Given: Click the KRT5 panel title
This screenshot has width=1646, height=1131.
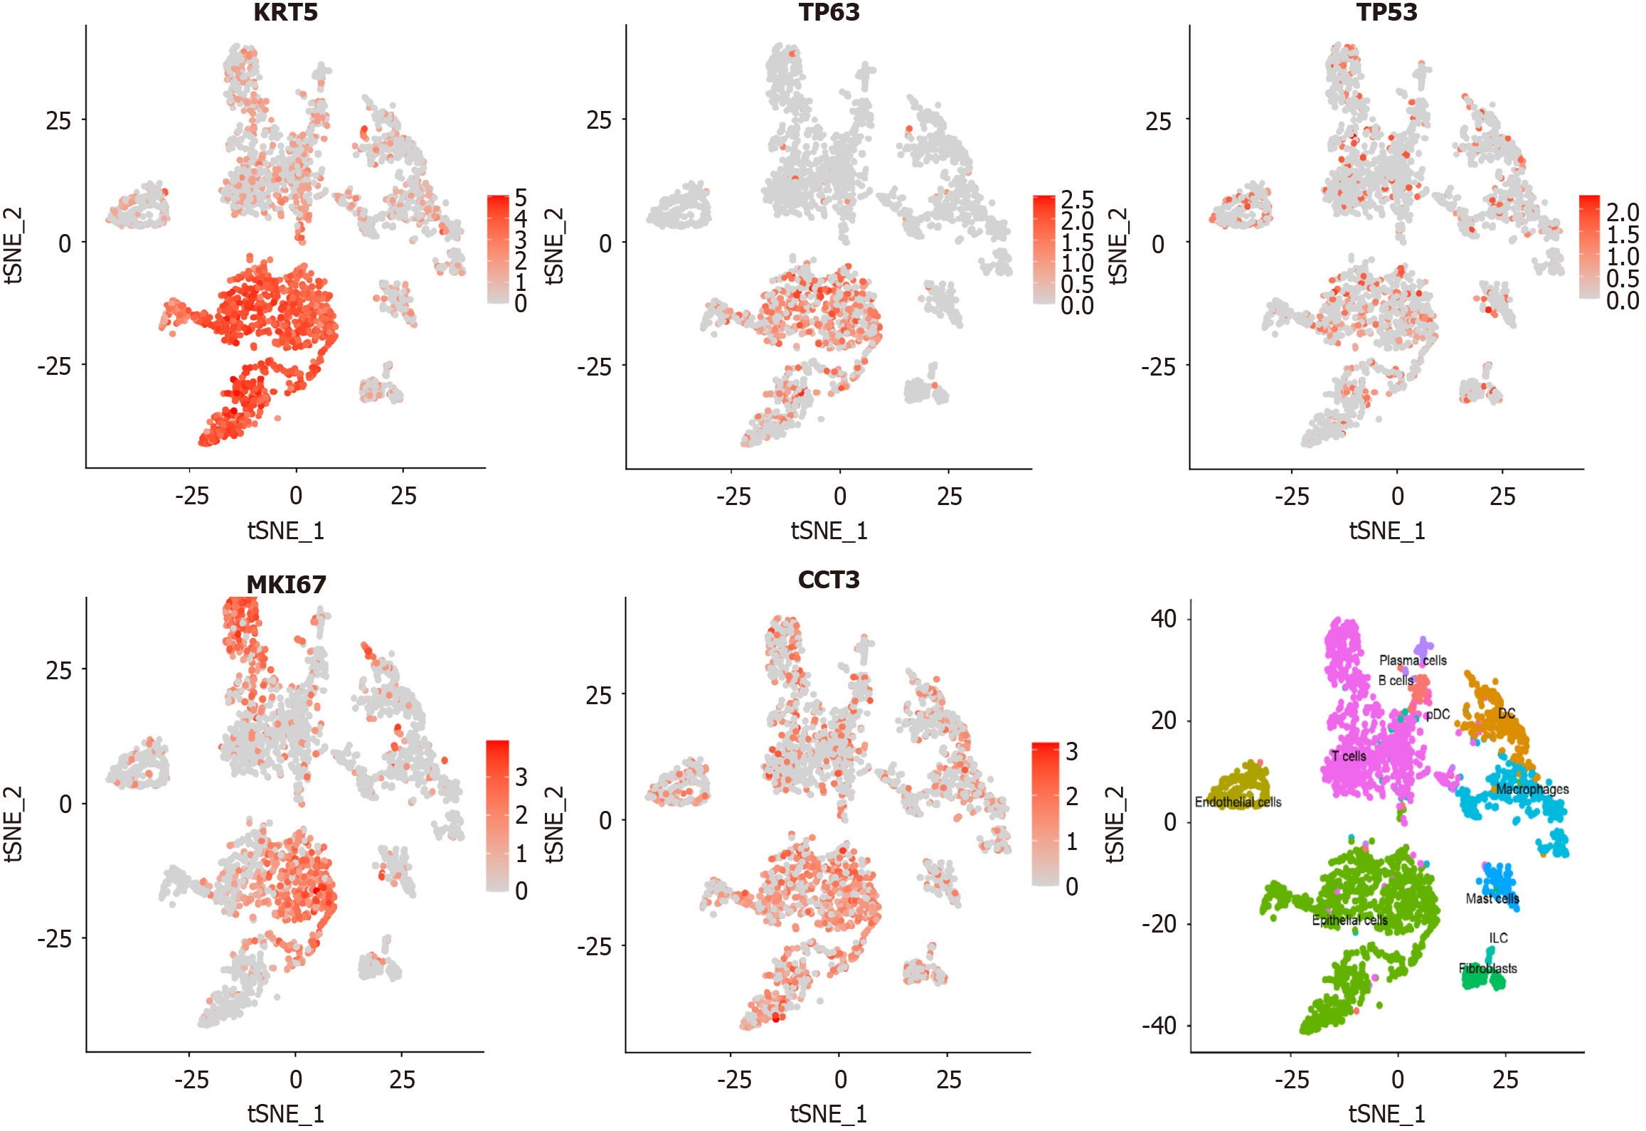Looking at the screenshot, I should (x=285, y=12).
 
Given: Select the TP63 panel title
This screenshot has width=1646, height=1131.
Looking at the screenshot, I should (x=829, y=12).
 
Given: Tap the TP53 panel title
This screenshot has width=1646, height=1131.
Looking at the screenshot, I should (x=1386, y=12).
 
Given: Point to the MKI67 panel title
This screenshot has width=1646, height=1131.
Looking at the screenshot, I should (x=286, y=585).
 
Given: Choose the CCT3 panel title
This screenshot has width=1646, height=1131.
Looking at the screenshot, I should (x=829, y=580).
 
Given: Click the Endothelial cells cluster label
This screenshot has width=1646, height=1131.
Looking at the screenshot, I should (x=1238, y=802).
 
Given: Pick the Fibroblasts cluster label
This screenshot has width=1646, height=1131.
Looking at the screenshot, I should (x=1487, y=968).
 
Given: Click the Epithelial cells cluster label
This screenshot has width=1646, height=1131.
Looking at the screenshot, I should (x=1349, y=920).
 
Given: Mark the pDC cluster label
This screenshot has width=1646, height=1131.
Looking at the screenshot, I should (x=1438, y=714).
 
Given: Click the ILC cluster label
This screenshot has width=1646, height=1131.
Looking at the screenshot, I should (x=1498, y=938).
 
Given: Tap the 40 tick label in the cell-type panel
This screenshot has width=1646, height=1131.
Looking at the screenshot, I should (x=1164, y=619).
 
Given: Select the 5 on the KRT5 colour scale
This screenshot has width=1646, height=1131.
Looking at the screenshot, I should (x=521, y=197).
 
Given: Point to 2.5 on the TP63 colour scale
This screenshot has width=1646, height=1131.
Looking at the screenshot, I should (x=1077, y=199).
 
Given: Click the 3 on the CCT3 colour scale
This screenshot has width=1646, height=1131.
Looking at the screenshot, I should (x=1071, y=751).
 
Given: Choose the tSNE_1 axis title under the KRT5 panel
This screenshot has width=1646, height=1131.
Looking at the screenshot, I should (x=285, y=531).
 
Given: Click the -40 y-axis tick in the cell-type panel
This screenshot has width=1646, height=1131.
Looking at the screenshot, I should (x=1160, y=1025).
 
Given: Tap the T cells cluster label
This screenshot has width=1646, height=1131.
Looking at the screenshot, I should (x=1349, y=756).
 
